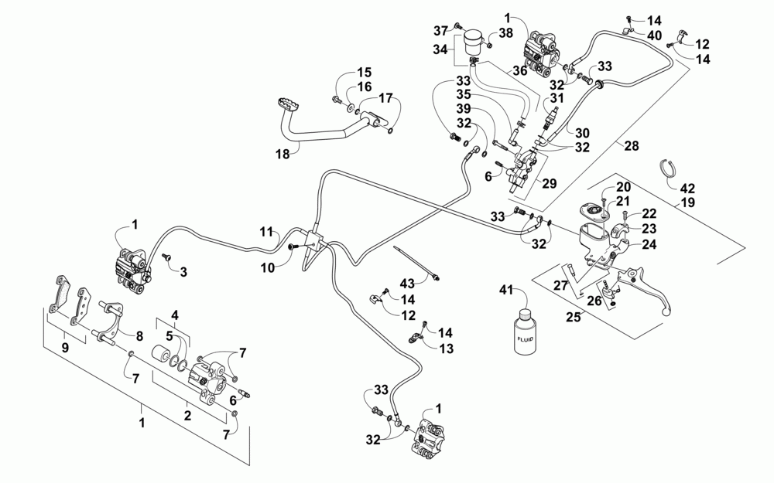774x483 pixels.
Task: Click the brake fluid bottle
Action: [524, 331]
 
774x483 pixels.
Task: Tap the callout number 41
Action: [507, 290]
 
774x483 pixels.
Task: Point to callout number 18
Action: [283, 155]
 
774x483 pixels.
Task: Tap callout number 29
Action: [550, 183]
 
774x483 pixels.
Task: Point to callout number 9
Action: [65, 348]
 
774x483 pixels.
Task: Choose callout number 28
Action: [632, 145]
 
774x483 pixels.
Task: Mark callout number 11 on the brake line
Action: [266, 232]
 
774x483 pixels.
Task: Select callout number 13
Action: [446, 349]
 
